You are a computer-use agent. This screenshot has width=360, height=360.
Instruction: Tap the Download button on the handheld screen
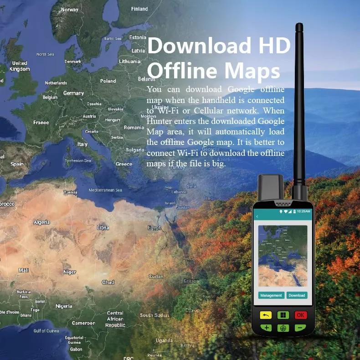coord(297,295)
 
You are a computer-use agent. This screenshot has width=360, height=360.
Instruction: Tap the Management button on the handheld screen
coord(271,295)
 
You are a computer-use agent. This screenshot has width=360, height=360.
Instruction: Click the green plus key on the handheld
coord(266,327)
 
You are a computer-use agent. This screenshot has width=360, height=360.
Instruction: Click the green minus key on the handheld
coord(300,327)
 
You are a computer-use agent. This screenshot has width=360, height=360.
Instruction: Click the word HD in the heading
coord(274,46)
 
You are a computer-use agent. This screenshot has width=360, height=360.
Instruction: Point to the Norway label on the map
coord(70,10)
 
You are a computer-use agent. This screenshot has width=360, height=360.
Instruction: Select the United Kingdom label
coord(20,66)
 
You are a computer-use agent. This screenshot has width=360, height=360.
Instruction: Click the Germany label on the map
coord(73,93)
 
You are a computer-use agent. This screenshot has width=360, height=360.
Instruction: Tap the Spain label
coord(17,164)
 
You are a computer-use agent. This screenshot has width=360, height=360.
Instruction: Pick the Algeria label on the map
coord(41,222)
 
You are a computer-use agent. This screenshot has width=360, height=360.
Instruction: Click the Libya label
coord(103,227)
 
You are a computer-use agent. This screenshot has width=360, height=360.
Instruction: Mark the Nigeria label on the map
coord(64,306)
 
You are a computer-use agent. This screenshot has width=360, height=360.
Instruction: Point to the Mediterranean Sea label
coord(106,190)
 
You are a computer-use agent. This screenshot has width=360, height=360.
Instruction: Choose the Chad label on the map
coord(108,282)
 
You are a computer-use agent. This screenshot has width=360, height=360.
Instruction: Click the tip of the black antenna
coord(299,26)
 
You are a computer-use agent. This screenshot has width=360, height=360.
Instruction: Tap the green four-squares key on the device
coord(283,315)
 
